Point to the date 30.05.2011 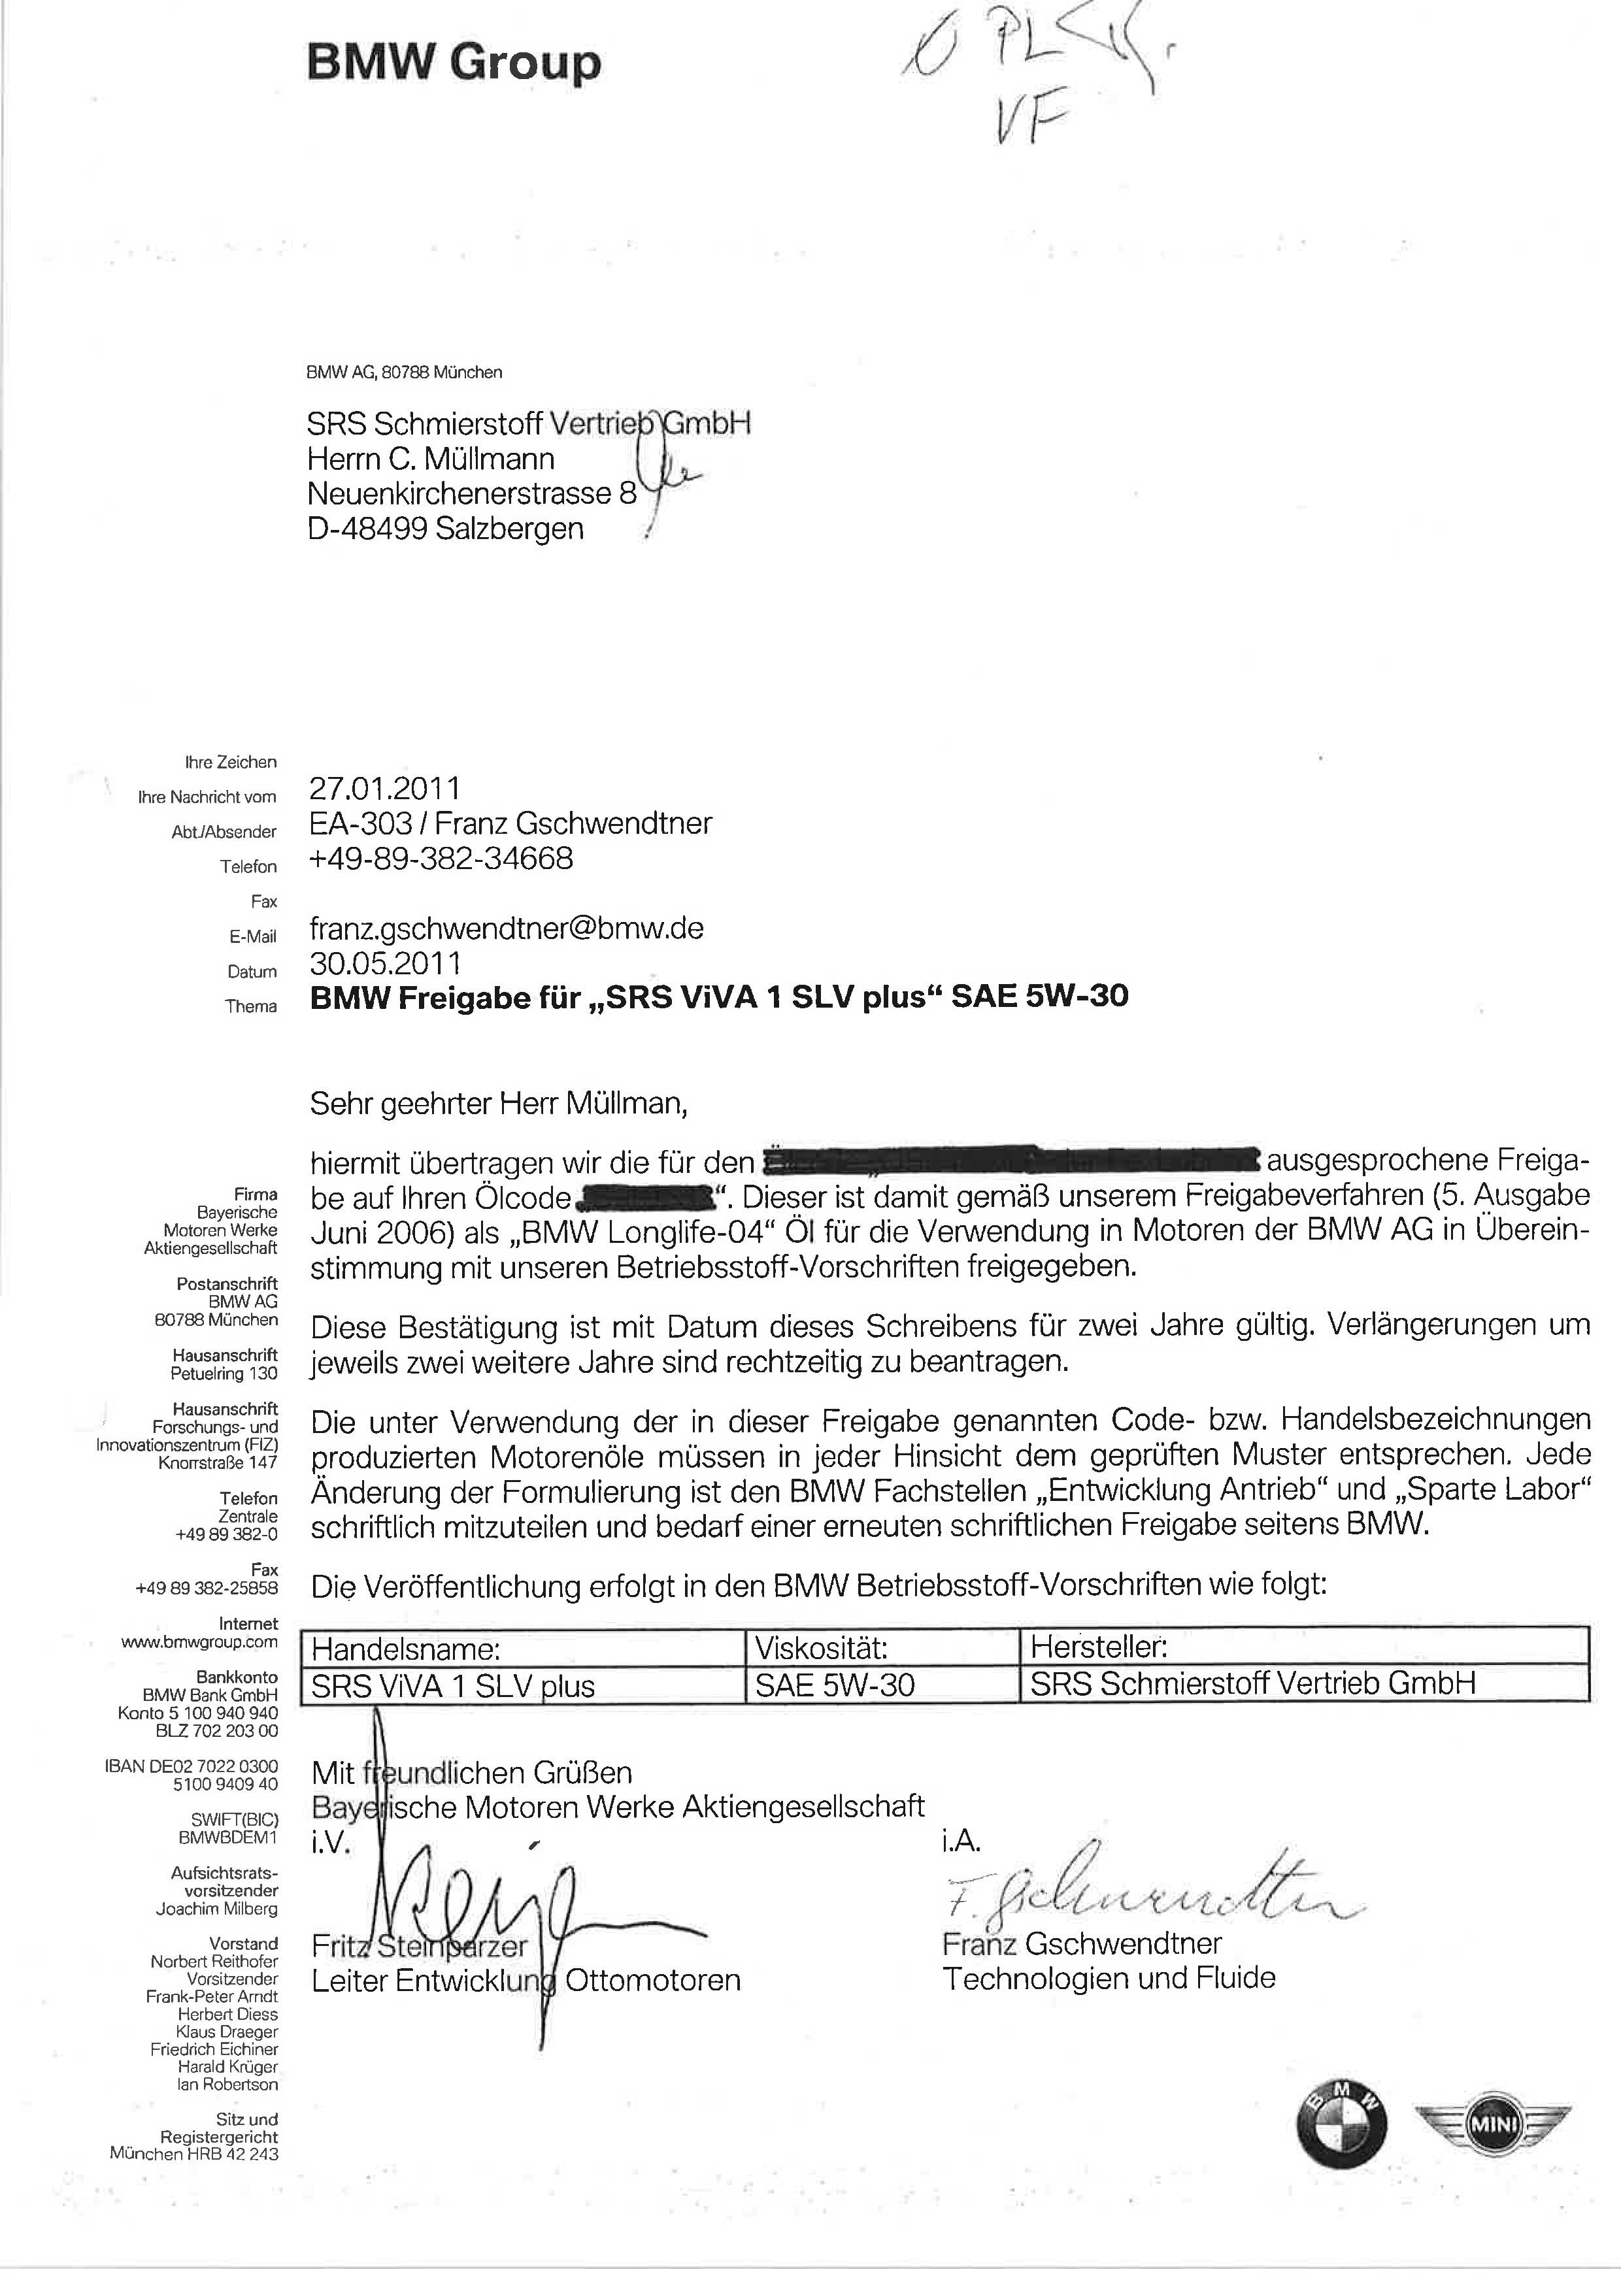point(385,963)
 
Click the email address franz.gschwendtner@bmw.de point(507,928)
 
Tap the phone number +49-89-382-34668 point(441,858)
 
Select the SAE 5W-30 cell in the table point(835,1685)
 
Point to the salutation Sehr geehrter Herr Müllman point(499,1104)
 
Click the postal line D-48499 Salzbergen point(445,529)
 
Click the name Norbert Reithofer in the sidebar point(214,1962)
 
